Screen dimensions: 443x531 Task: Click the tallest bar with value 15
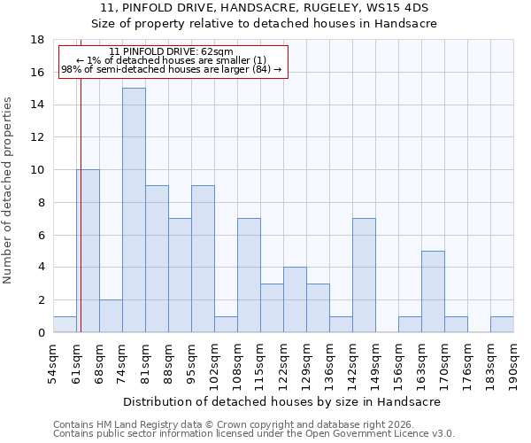pos(134,210)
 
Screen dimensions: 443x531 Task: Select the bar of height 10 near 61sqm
pos(88,251)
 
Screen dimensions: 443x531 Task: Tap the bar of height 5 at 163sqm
pos(433,291)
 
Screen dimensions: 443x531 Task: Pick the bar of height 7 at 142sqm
pos(364,276)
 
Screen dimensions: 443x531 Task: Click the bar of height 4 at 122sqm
pos(295,299)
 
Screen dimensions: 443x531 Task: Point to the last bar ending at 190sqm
pos(502,324)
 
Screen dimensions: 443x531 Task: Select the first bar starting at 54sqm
pos(65,324)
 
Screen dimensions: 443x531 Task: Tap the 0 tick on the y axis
pos(41,332)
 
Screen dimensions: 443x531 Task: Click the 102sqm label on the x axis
pos(214,361)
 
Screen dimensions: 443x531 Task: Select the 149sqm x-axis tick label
pos(375,361)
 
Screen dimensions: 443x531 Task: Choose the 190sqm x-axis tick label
pos(513,361)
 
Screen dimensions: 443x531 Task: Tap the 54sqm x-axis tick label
pos(53,361)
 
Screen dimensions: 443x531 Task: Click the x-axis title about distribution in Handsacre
pos(281,401)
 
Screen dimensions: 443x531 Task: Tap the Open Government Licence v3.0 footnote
pos(253,434)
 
